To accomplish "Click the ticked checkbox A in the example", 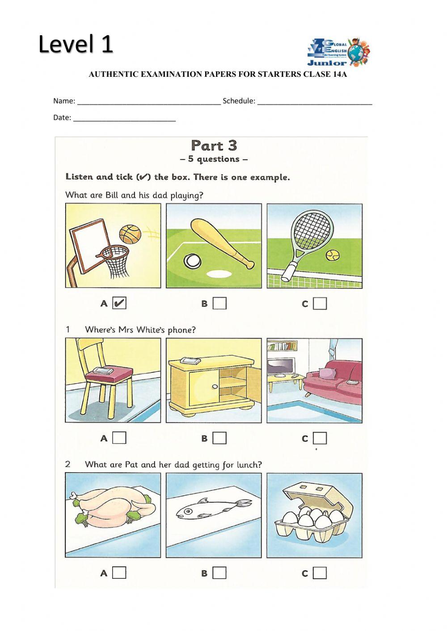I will tap(119, 303).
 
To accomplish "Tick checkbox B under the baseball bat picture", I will tap(219, 304).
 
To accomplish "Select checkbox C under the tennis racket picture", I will tap(320, 304).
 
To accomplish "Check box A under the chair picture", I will tap(119, 438).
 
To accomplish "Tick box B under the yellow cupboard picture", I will tap(219, 438).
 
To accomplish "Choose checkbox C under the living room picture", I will tap(320, 438).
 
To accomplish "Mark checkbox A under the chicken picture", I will tap(119, 572).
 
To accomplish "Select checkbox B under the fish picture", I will tap(219, 572).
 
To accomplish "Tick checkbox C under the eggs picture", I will tap(320, 572).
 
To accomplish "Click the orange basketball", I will tap(130, 233).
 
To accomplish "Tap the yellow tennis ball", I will tap(332, 255).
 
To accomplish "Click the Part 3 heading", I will tap(214, 146).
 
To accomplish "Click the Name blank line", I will tap(149, 102).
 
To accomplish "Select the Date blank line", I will tap(124, 119).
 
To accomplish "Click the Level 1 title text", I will tap(76, 44).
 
